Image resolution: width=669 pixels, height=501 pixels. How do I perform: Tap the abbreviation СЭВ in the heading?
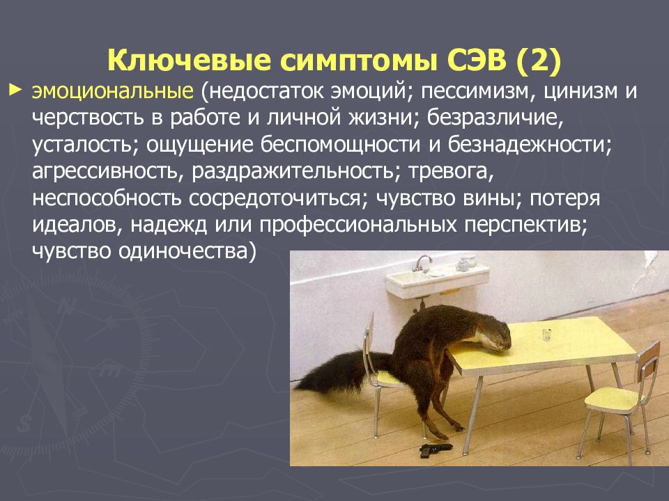coord(477,60)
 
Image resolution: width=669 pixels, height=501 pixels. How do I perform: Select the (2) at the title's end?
coord(539,61)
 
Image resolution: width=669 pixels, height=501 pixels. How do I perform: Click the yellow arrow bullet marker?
coord(15,90)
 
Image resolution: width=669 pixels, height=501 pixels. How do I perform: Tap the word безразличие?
coord(495,118)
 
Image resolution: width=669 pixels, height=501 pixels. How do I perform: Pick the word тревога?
coord(451,172)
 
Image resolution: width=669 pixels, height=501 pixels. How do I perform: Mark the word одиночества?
coord(187,251)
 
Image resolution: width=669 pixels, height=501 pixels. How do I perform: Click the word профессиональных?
coord(358,225)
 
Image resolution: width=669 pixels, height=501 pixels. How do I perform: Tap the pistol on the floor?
coord(435,449)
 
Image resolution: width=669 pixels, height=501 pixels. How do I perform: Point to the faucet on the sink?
coord(422,262)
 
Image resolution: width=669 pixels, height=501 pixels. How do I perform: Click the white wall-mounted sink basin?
coord(438,280)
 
